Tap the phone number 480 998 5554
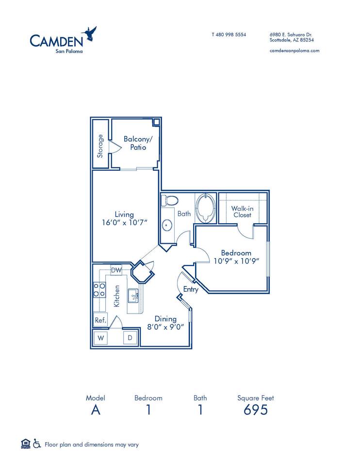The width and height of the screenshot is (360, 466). click(229, 35)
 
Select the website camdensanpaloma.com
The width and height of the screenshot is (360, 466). click(294, 50)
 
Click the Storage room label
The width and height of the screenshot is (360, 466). click(100, 146)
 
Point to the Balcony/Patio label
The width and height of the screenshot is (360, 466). click(135, 143)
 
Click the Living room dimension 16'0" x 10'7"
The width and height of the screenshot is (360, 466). click(124, 223)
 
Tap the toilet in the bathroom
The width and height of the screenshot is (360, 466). click(169, 200)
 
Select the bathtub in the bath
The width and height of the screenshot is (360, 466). click(206, 209)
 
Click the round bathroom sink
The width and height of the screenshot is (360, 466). click(167, 225)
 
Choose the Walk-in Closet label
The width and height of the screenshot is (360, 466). click(242, 212)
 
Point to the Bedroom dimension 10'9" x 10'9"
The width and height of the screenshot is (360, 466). click(236, 261)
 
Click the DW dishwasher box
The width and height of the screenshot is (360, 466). click(116, 270)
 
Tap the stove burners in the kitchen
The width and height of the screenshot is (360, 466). click(99, 290)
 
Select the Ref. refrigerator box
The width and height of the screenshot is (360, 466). click(100, 320)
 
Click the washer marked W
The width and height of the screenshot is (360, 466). click(100, 337)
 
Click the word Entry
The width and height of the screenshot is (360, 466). click(191, 290)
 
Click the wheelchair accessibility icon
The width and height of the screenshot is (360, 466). click(36, 444)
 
